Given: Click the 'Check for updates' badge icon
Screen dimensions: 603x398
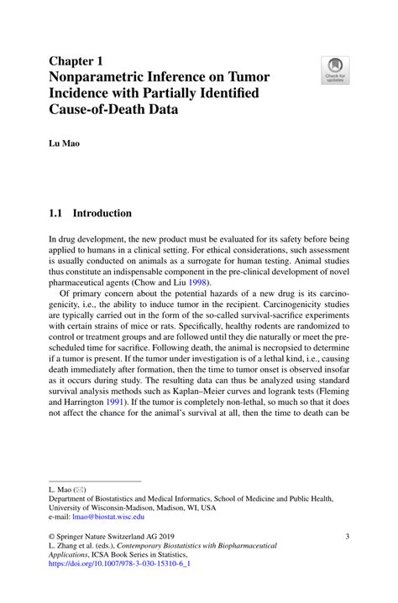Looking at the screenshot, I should point(336,70).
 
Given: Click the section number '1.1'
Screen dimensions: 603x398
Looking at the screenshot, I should point(58,213).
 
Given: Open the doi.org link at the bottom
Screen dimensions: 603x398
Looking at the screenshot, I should point(120,564).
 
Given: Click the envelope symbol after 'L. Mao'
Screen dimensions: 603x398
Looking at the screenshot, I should point(79,487).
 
